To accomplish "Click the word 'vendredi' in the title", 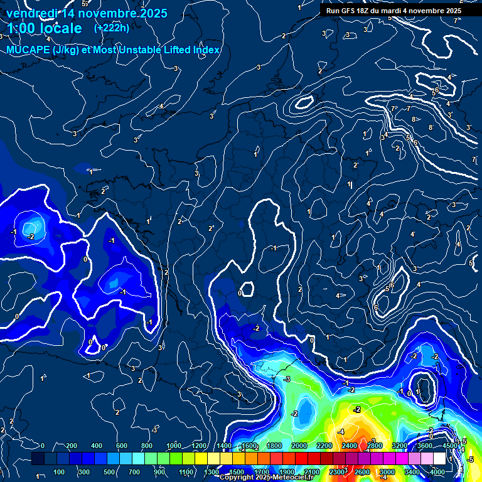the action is (x=31, y=13).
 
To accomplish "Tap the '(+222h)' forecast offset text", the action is (x=112, y=28).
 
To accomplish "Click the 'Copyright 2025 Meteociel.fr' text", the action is (x=266, y=478).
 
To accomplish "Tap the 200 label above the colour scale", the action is (x=71, y=446).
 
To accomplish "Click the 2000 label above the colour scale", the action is (x=299, y=446).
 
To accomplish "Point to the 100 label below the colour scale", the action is (x=59, y=472).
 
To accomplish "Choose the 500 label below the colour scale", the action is (x=109, y=472).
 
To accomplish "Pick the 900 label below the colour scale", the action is (x=160, y=472).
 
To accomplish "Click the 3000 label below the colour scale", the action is (x=387, y=472).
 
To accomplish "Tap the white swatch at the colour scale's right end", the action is (x=439, y=459).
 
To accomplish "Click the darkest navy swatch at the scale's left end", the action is (x=38, y=459).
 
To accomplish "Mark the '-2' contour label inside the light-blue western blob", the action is (x=31, y=236).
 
